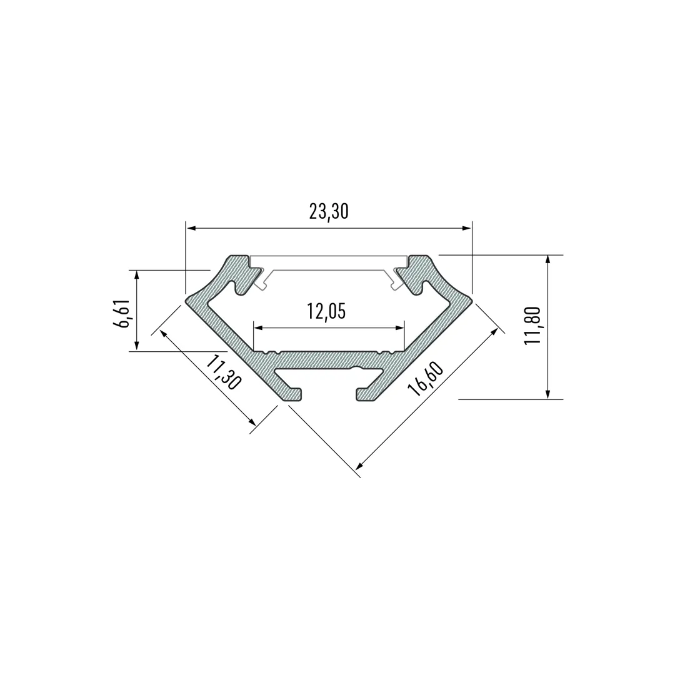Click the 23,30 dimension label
(329, 211)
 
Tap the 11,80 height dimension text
(532, 325)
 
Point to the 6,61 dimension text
(121, 313)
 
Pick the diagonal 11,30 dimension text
(222, 372)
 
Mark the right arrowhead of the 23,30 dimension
(467, 228)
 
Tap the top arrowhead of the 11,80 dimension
(547, 261)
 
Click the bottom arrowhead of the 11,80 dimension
(547, 394)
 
